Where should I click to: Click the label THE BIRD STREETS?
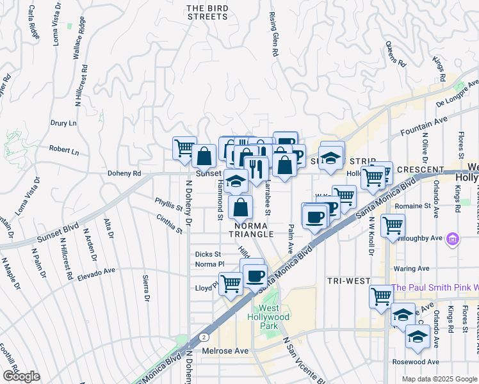[207, 12]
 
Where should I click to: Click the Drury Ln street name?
[63, 122]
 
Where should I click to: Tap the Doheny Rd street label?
[124, 173]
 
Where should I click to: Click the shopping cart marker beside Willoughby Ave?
[393, 225]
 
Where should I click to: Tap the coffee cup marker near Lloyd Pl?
[255, 276]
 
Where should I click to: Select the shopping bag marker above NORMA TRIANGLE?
[241, 207]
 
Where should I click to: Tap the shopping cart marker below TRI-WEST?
[381, 296]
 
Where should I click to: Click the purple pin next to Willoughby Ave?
[453, 239]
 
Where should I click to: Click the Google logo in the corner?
[21, 376]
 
